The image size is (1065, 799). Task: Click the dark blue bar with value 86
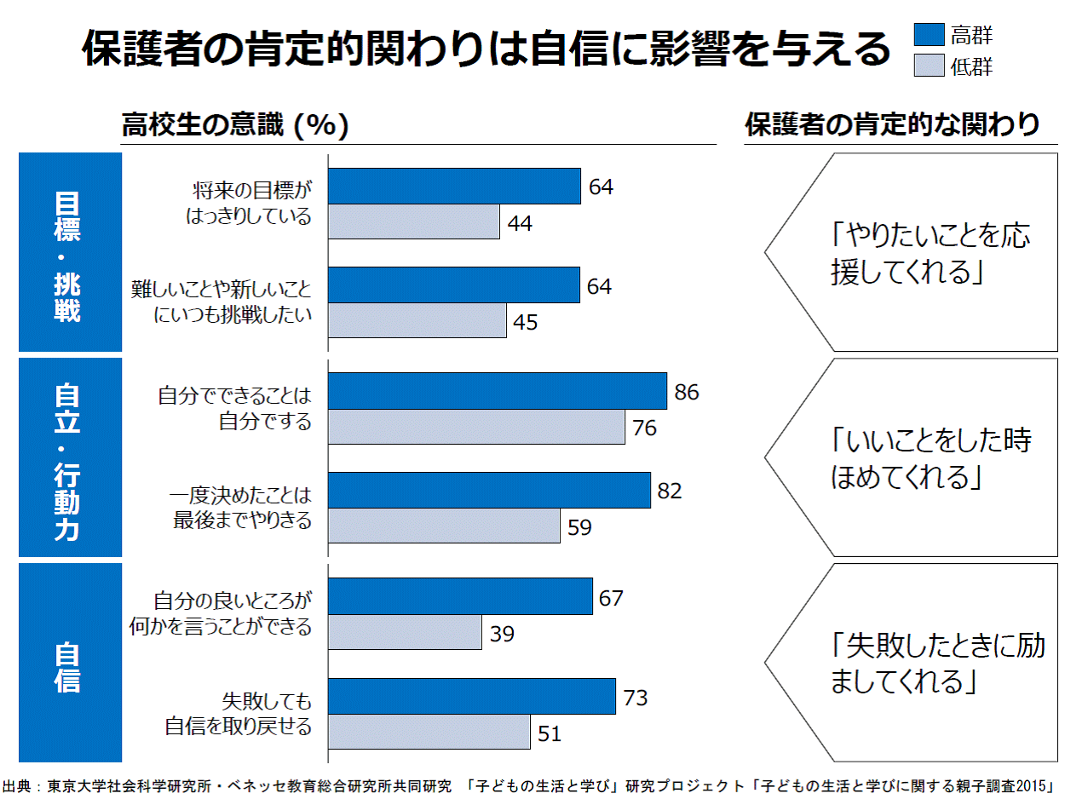coord(497,391)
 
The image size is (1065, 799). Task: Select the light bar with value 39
coord(405,632)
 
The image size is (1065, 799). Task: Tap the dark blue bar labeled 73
coord(471,696)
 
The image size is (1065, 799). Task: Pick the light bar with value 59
coord(444,526)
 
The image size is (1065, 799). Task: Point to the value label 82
coord(670,491)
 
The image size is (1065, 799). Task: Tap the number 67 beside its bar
coord(611,598)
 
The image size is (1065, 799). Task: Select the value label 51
coord(550,733)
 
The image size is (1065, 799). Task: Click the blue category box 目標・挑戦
coord(70,252)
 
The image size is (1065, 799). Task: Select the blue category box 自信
coord(70,663)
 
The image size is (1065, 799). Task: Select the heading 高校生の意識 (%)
coord(234,125)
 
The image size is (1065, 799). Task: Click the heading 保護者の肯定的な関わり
coord(892,125)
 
